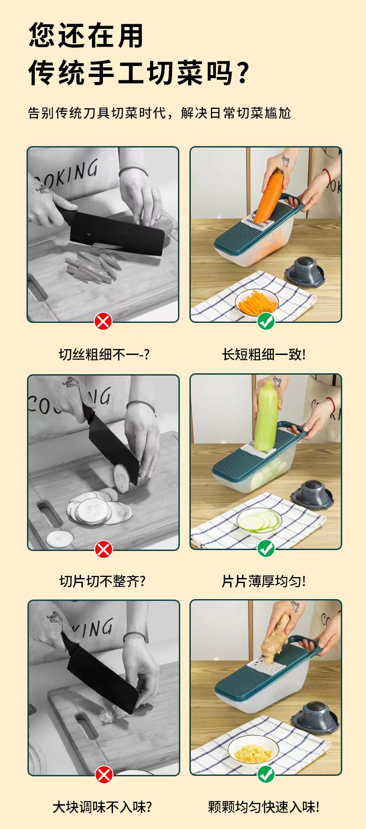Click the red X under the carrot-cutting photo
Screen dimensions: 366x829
click(x=103, y=321)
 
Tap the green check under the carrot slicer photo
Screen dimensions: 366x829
click(x=266, y=321)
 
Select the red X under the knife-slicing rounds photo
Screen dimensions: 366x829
click(x=103, y=549)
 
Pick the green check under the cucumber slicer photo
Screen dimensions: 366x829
click(x=266, y=548)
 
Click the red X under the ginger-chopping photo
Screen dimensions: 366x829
click(x=104, y=774)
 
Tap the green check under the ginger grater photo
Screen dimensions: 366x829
click(x=266, y=774)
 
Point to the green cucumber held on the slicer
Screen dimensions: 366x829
click(x=266, y=416)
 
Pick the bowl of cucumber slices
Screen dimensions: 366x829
click(x=259, y=521)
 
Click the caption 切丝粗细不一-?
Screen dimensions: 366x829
click(x=104, y=354)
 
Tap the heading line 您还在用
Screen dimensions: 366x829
click(x=86, y=35)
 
